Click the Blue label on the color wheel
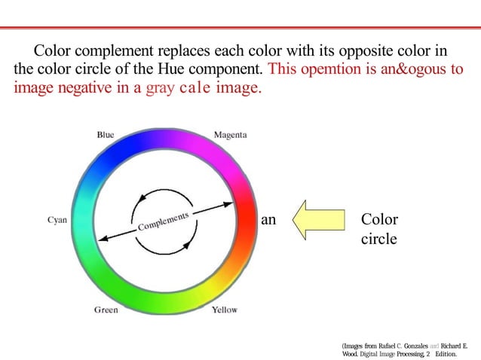(x=106, y=135)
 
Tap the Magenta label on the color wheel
(x=230, y=135)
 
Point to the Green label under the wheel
(x=106, y=310)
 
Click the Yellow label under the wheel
(x=225, y=310)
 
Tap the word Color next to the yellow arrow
(x=379, y=220)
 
